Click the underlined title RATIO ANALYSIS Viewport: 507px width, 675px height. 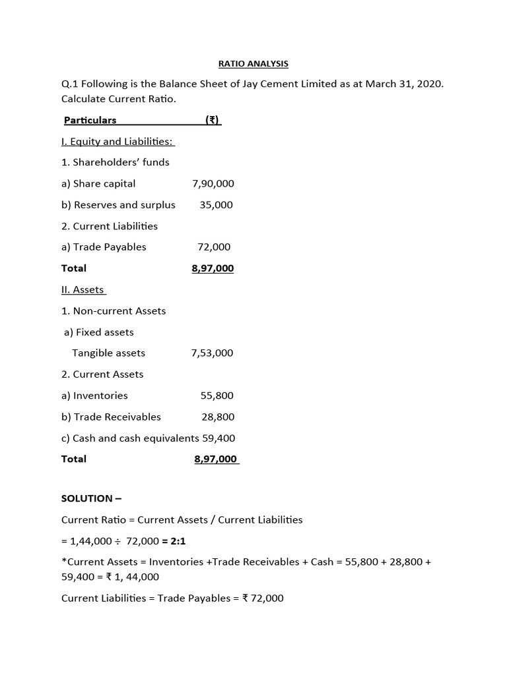tap(253, 64)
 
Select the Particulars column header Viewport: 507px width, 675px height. tap(90, 120)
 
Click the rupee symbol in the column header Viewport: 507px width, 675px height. tap(212, 120)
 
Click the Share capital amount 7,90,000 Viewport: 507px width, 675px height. tap(213, 183)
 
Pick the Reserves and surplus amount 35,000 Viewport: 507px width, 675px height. tap(217, 205)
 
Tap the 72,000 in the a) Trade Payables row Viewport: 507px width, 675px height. tap(214, 247)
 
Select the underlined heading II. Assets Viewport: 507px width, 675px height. tap(83, 289)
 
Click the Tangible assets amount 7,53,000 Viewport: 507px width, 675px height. tap(212, 353)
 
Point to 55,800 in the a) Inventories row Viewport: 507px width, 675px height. tap(217, 396)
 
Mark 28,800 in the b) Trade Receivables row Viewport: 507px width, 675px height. tap(218, 417)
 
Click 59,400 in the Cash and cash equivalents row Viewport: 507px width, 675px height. tap(219, 438)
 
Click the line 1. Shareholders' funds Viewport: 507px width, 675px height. tap(115, 162)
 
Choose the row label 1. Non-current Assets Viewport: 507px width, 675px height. tap(114, 310)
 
